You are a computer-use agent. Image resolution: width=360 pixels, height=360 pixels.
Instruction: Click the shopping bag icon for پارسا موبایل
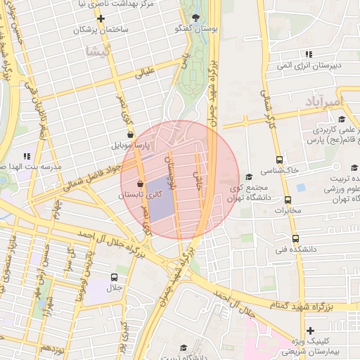(x=129, y=134)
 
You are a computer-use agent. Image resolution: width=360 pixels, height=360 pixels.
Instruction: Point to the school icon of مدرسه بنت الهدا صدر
(x=27, y=156)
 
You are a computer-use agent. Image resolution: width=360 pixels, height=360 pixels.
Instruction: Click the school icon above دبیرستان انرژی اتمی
(x=308, y=54)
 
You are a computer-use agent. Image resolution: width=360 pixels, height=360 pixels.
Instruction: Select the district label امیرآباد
(x=323, y=102)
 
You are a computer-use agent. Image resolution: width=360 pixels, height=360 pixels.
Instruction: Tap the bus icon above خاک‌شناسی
(x=280, y=160)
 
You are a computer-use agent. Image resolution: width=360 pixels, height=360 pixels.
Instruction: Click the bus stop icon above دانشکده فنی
(x=295, y=238)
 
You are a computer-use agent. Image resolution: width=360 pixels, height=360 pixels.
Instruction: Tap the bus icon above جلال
(x=114, y=278)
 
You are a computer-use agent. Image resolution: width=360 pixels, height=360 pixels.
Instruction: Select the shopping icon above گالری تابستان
(x=140, y=184)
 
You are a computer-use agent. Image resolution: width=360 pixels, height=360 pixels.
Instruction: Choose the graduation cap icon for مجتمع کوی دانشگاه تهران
(x=249, y=177)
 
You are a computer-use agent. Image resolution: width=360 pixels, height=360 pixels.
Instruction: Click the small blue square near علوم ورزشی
(x=302, y=188)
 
